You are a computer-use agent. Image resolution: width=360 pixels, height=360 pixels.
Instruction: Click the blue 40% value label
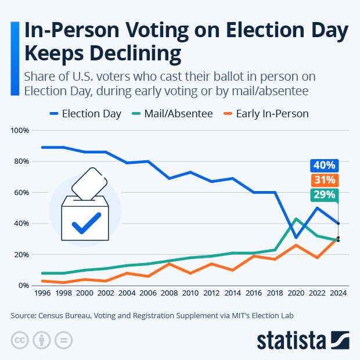pos(323,165)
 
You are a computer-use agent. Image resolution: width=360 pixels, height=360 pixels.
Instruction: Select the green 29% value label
pos(323,195)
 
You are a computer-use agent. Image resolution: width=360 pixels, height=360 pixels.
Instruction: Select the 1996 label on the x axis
pos(43,294)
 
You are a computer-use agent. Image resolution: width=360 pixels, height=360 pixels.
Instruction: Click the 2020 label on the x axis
pos(296,294)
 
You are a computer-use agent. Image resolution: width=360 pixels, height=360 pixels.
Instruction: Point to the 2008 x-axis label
pos(170,294)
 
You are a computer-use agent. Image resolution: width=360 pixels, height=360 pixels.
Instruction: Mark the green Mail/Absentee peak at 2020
pos(296,219)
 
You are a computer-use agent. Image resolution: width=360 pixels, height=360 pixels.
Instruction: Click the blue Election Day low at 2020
pos(296,237)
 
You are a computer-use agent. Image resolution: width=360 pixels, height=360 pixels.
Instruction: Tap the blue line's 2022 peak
pos(317,208)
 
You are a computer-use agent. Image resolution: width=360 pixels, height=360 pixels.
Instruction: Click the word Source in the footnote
pos(24,316)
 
